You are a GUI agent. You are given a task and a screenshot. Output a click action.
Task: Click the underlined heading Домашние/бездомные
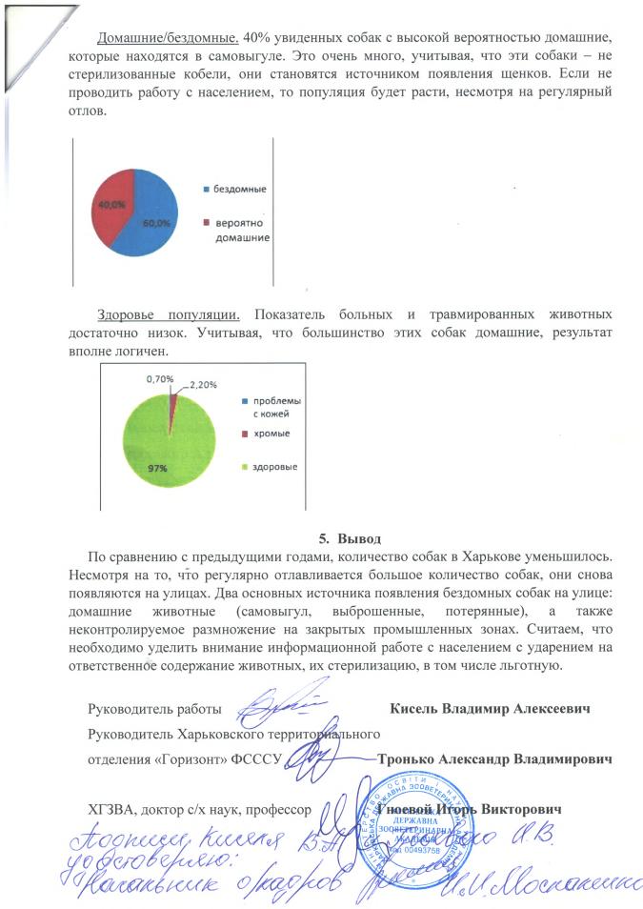tap(169, 36)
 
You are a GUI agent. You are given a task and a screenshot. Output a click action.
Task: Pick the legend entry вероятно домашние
tap(238, 230)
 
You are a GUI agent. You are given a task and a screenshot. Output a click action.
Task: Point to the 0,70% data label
tap(160, 378)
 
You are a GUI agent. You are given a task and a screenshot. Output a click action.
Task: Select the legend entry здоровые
tap(274, 467)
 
